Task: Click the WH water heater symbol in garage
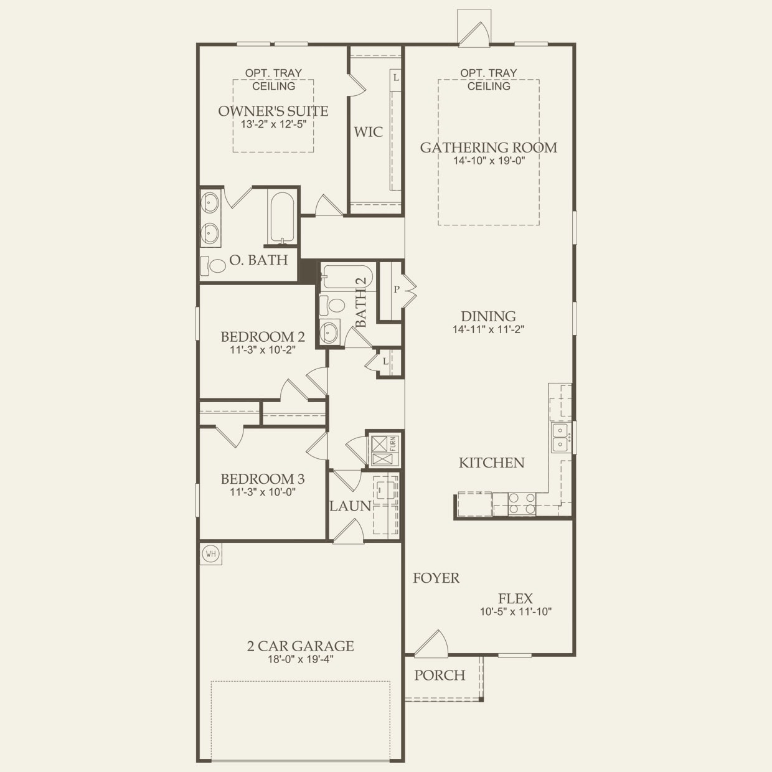(210, 553)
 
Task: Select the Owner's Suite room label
(273, 111)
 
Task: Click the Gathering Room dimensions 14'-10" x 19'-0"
(489, 161)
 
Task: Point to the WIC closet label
(369, 132)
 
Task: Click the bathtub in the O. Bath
(281, 217)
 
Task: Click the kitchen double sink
(560, 437)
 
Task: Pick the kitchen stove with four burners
(522, 503)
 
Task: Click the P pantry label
(396, 289)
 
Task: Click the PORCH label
(440, 675)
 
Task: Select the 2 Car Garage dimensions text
(301, 660)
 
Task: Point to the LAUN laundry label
(350, 506)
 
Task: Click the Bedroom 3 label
(263, 479)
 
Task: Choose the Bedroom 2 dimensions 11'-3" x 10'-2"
(263, 350)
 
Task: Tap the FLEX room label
(515, 598)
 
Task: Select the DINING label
(489, 316)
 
